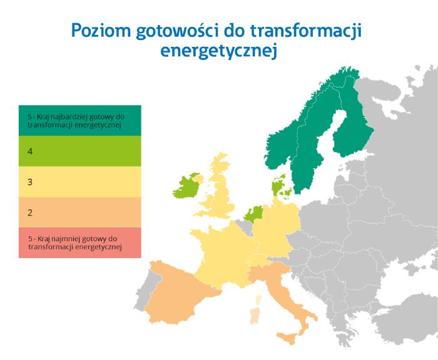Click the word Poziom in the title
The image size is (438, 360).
click(101, 31)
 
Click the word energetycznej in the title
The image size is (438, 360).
click(219, 51)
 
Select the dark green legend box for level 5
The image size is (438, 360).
click(80, 121)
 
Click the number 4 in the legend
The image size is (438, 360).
click(30, 151)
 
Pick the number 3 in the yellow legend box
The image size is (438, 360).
click(30, 182)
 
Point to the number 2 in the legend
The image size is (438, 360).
click(30, 213)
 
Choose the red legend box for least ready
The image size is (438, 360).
click(80, 242)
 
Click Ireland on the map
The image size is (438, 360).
click(186, 187)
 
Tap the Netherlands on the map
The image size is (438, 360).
click(254, 214)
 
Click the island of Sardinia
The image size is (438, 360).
click(255, 316)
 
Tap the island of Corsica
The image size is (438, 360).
click(258, 300)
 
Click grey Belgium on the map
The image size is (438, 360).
click(246, 226)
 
